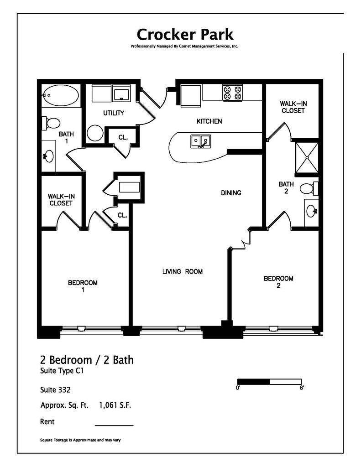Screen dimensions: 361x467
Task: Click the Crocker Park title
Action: tap(185, 34)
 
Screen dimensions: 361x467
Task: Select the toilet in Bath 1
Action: tap(52, 123)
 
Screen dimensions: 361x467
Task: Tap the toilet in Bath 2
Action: tap(309, 187)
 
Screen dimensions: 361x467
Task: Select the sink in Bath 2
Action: tap(311, 211)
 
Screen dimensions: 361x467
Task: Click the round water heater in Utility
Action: tap(95, 133)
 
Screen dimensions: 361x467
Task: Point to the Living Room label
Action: tap(183, 272)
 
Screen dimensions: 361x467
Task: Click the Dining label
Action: tap(231, 193)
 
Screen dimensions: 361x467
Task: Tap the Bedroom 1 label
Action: tap(83, 286)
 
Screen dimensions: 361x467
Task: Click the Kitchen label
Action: tap(209, 121)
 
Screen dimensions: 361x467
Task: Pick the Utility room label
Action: tap(114, 113)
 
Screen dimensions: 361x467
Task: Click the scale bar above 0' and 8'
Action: tap(269, 381)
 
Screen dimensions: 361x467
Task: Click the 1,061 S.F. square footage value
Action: tap(115, 405)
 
